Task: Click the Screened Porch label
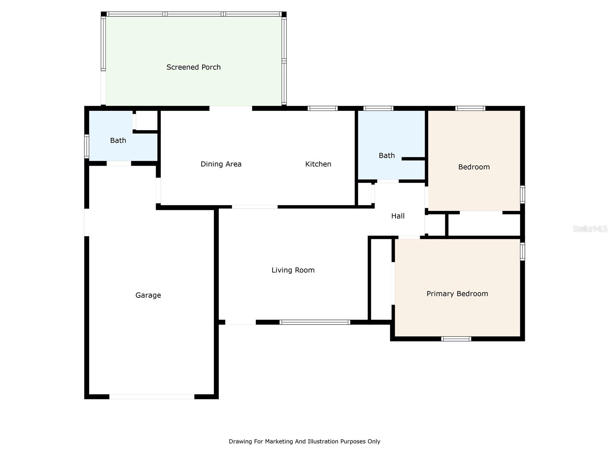pyautogui.click(x=193, y=67)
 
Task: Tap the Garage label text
pyautogui.click(x=148, y=295)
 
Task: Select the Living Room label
pyautogui.click(x=293, y=270)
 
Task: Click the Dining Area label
pyautogui.click(x=221, y=164)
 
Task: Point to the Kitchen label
pyautogui.click(x=318, y=164)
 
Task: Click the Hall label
pyautogui.click(x=398, y=216)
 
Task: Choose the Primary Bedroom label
pyautogui.click(x=457, y=294)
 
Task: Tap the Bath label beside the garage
pyautogui.click(x=118, y=141)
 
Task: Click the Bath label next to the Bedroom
pyautogui.click(x=386, y=155)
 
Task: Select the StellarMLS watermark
pyautogui.click(x=590, y=228)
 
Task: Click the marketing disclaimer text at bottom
pyautogui.click(x=304, y=441)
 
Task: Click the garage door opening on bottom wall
pyautogui.click(x=152, y=396)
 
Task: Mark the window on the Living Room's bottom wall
pyautogui.click(x=315, y=322)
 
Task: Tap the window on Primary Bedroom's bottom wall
pyautogui.click(x=456, y=339)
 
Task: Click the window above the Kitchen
pyautogui.click(x=322, y=108)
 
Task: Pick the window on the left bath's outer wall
pyautogui.click(x=86, y=146)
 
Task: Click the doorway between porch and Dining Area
pyautogui.click(x=231, y=108)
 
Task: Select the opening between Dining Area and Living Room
pyautogui.click(x=255, y=207)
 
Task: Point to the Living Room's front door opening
pyautogui.click(x=241, y=322)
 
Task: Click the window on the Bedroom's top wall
pyautogui.click(x=470, y=108)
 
